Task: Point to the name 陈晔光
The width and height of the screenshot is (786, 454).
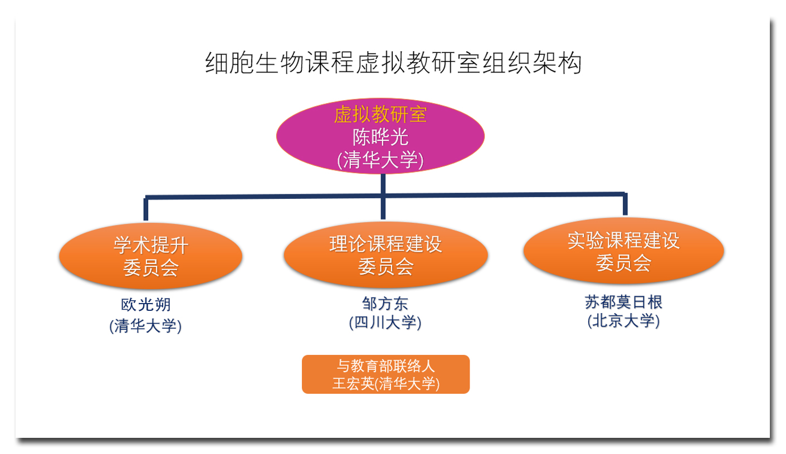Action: [x=380, y=137]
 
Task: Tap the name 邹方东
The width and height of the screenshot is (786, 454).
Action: [x=385, y=304]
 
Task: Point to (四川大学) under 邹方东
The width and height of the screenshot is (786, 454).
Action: [x=385, y=323]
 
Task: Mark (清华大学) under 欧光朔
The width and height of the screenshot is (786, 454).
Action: [x=145, y=325]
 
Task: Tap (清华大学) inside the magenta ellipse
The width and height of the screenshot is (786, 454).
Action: [x=380, y=160]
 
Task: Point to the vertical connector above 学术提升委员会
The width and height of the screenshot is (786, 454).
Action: [x=146, y=209]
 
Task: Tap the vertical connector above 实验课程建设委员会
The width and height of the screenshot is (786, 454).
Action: [x=625, y=204]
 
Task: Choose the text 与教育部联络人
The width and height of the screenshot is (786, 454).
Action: [x=385, y=366]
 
